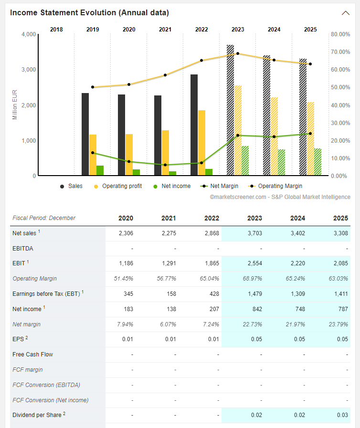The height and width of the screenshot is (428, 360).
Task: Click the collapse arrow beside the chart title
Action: click(346, 13)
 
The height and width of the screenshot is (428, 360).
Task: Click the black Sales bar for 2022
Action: click(194, 125)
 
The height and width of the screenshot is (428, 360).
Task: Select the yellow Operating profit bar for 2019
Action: click(93, 155)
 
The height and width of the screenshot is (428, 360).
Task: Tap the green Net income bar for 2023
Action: click(245, 161)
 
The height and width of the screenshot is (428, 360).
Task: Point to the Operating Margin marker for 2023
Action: click(238, 53)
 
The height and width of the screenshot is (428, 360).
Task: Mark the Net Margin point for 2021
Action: click(165, 165)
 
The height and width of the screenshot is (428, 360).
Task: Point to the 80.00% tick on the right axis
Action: click(340, 34)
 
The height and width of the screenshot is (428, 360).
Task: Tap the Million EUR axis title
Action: click(15, 105)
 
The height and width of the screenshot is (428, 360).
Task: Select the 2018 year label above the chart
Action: click(56, 30)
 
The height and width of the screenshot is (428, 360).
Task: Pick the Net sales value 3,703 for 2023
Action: click(254, 233)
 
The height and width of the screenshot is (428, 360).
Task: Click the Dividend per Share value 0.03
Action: click(341, 415)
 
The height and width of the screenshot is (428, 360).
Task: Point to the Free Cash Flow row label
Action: click(33, 355)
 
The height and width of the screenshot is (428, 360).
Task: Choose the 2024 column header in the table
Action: click(298, 218)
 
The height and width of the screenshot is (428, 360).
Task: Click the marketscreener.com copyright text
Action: click(280, 197)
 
